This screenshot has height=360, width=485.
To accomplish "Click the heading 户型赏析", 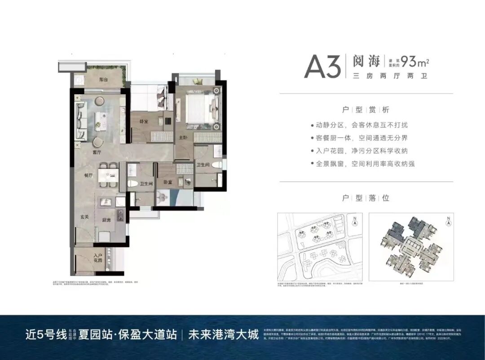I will tap(366, 110).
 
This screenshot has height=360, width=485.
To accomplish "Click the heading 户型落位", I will tap(366, 198).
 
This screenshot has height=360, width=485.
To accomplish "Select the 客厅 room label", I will tap(96, 153).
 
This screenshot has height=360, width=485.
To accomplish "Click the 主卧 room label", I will tap(183, 137).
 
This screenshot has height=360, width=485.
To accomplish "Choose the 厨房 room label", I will tap(106, 220).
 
